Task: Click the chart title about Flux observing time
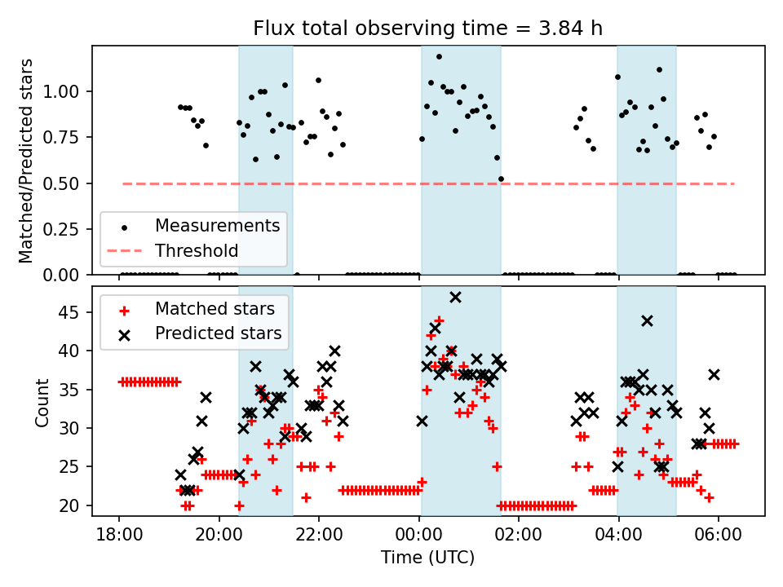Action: (x=428, y=29)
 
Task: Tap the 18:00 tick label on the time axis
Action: (x=119, y=536)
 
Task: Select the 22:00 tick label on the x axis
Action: (x=319, y=536)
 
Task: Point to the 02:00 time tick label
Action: (x=518, y=536)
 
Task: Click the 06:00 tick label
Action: (x=718, y=536)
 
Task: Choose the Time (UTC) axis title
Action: (x=428, y=558)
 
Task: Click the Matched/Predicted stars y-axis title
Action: (x=26, y=161)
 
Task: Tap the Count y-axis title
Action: (x=42, y=402)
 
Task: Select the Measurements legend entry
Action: (x=217, y=225)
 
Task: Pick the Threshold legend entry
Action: (x=197, y=250)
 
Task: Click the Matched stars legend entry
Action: (x=220, y=308)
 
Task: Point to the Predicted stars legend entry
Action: (x=219, y=333)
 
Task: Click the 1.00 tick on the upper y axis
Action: (x=77, y=91)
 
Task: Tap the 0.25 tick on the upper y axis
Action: (x=77, y=229)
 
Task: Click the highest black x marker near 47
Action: (x=455, y=297)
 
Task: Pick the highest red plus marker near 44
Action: (x=439, y=320)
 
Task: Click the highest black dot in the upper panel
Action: (x=439, y=57)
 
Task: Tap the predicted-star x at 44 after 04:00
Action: (x=647, y=320)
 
